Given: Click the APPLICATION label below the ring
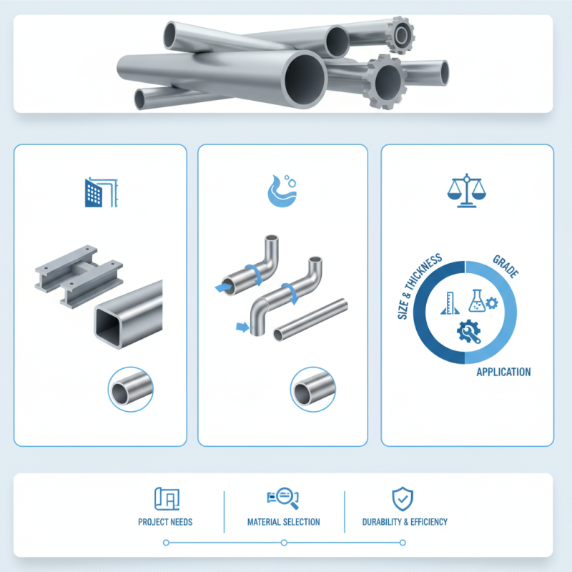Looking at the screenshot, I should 503,372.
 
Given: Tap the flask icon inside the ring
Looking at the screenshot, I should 478,301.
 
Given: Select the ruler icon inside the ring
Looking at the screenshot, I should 448,303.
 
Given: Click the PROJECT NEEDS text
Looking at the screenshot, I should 165,522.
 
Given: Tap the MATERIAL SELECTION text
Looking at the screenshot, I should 283,522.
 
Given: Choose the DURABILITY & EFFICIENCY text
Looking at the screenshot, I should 405,522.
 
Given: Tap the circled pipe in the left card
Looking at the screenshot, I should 130,390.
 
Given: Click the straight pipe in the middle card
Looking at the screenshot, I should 312,319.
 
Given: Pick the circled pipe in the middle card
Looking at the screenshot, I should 312,390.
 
